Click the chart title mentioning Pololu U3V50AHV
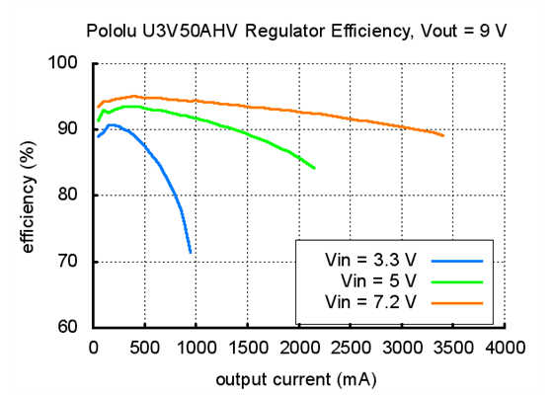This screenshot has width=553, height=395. coord(296,30)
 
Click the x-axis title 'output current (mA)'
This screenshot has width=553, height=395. coord(297,377)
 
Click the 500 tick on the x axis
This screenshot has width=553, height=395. coord(144,347)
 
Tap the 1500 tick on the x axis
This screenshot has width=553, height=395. coord(248,347)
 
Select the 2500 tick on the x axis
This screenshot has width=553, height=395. coord(351,347)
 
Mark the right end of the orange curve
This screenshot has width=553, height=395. coord(443,136)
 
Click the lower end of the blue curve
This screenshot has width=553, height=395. coord(191,252)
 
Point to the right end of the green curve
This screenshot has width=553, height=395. coord(314,168)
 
